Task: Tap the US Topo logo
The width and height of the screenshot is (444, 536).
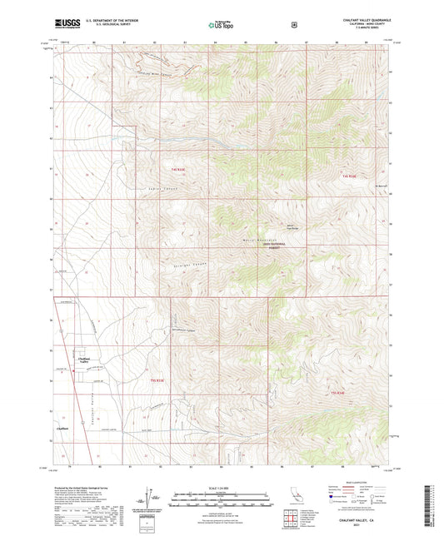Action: (220, 26)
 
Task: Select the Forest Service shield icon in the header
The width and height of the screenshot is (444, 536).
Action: (293, 25)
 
